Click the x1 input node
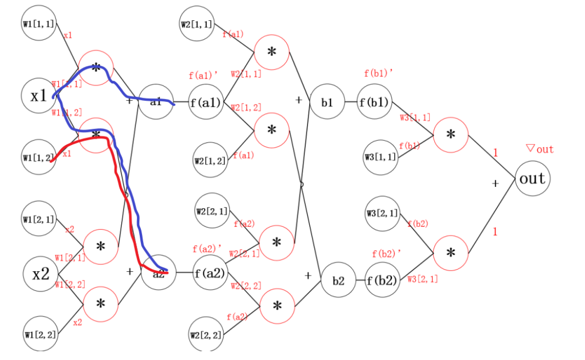(x=38, y=96)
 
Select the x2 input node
(x=41, y=273)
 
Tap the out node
(x=532, y=179)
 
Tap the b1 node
(x=327, y=101)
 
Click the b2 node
(x=338, y=280)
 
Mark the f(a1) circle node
(x=206, y=102)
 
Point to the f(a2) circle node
(x=210, y=272)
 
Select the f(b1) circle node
(x=374, y=101)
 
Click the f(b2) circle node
(x=383, y=280)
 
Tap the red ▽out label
(x=539, y=149)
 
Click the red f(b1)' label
(x=379, y=73)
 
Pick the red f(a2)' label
(x=207, y=249)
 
